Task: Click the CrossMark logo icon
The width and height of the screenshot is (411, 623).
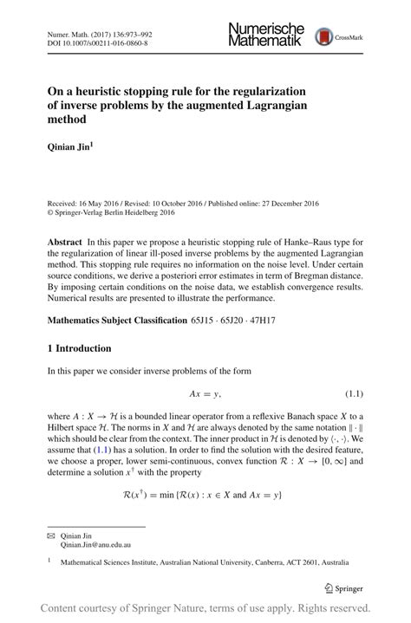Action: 323,37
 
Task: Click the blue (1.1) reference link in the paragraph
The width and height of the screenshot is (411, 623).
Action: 102,451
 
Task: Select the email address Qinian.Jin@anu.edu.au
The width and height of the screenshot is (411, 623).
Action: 95,547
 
